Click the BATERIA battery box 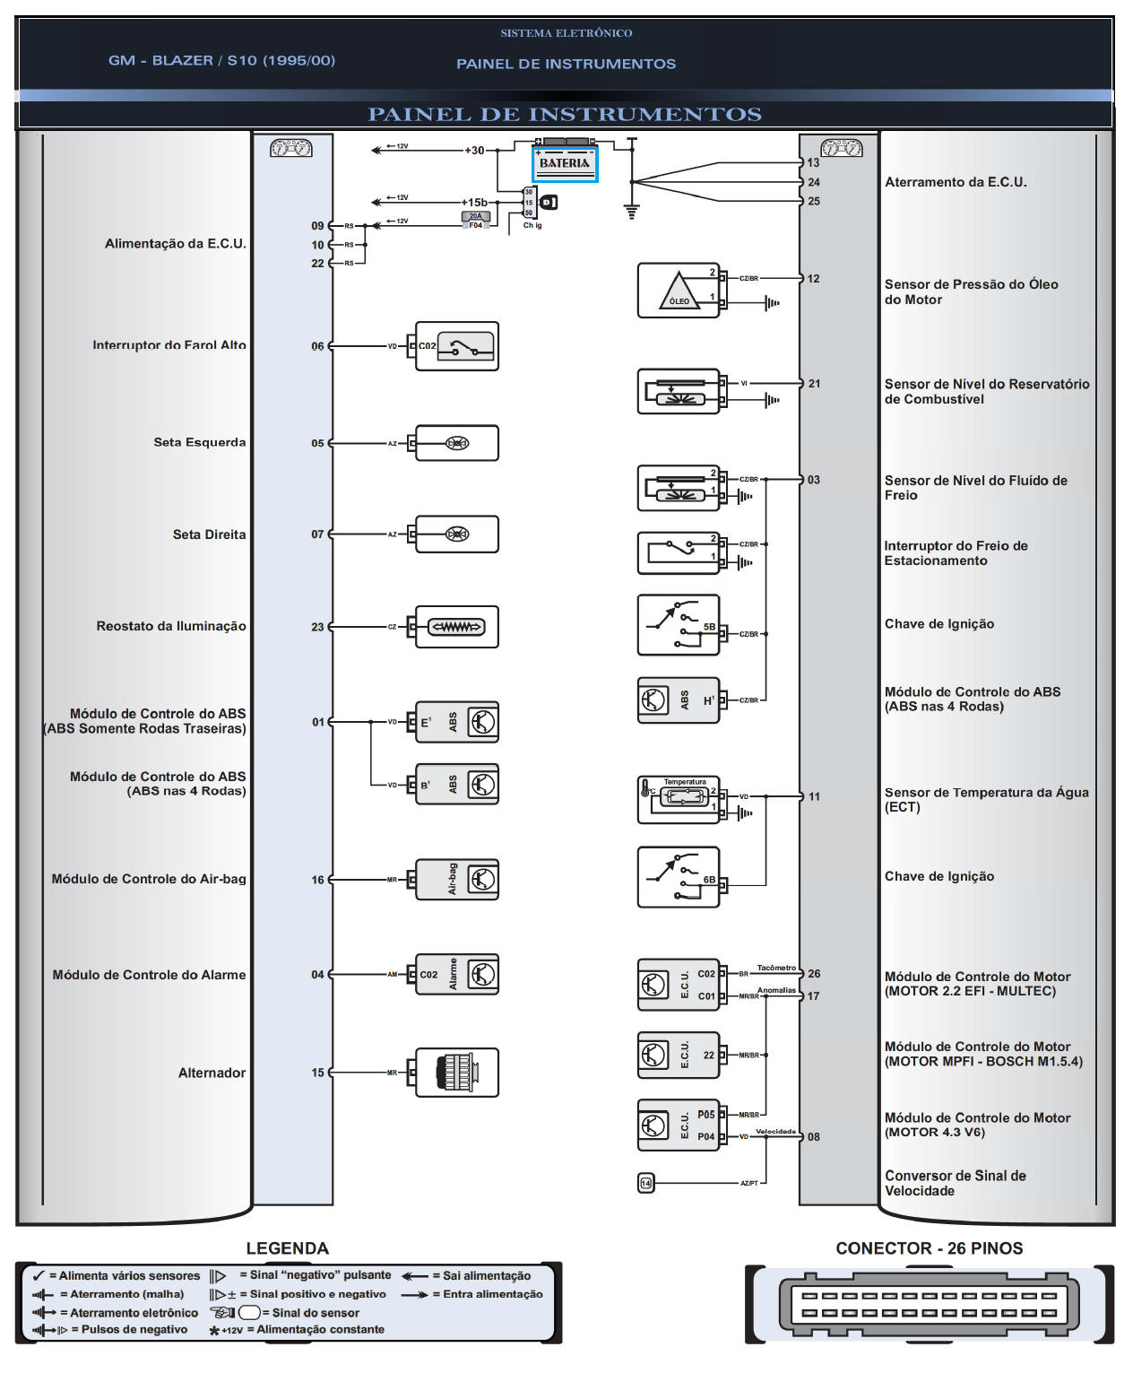(565, 163)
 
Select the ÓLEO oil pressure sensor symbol (679, 291)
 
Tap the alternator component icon (457, 1073)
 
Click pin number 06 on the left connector (317, 346)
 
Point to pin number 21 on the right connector (814, 384)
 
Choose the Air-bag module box (457, 880)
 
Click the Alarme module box (457, 975)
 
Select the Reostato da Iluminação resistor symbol (457, 627)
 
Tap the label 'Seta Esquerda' (199, 442)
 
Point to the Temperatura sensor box (679, 800)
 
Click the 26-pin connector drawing (929, 1304)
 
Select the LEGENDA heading (287, 1248)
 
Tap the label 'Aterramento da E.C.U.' (956, 182)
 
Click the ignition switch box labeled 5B (679, 625)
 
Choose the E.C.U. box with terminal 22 (679, 1056)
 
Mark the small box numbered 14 (645, 1183)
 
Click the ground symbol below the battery (632, 212)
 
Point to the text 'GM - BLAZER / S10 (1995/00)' (221, 60)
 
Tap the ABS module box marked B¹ (457, 786)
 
